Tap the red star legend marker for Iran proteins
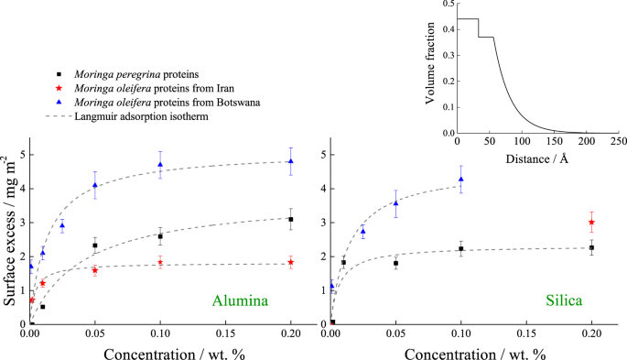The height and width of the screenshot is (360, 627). pos(59,88)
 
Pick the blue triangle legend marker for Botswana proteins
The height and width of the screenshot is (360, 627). pos(59,103)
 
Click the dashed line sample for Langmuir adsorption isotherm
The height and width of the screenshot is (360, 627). pos(59,116)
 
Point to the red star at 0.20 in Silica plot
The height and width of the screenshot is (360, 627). pos(591,222)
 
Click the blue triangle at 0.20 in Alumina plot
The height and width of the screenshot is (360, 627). pos(291,161)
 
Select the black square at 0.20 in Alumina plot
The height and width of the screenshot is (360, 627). pos(291,219)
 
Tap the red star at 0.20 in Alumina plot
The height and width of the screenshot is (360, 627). pos(291,262)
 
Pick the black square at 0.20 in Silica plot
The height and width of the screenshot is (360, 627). pos(591,247)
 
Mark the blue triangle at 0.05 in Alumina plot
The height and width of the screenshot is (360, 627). pos(95,185)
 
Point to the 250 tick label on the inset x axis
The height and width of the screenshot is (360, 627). pos(618,143)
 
